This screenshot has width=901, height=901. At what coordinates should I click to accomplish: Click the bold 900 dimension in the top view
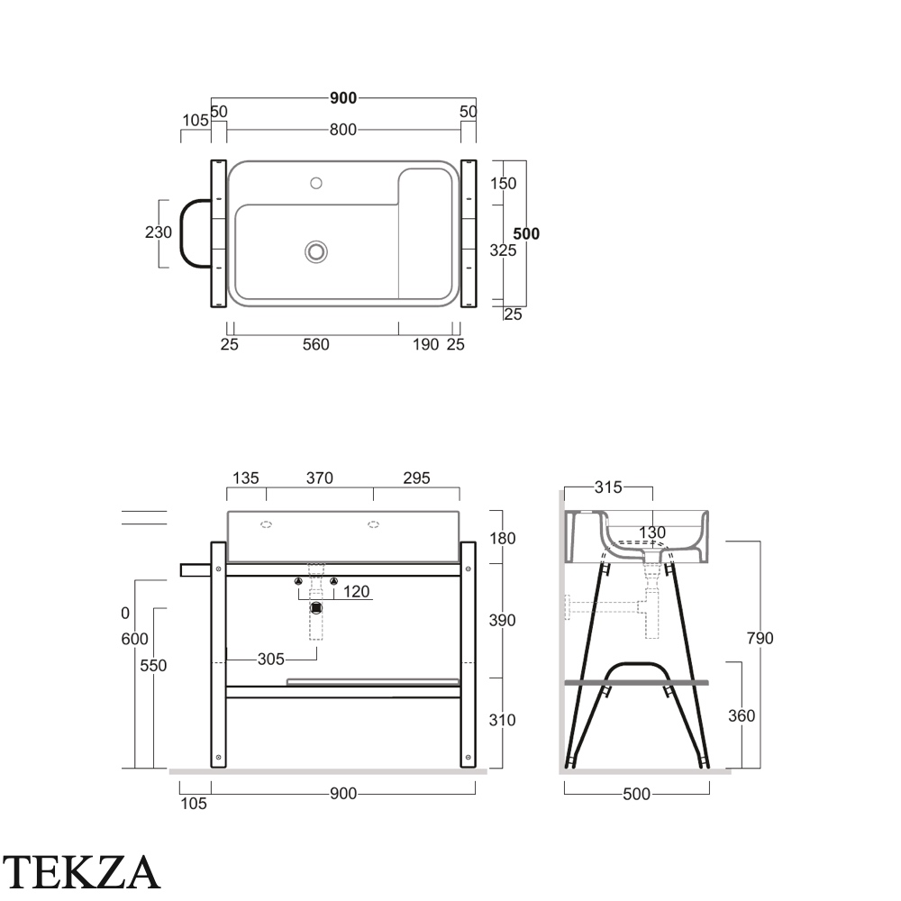pos(343,98)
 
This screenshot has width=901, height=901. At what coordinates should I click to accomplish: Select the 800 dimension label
pos(343,130)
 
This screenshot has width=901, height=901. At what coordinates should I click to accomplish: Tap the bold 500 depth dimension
pos(526,234)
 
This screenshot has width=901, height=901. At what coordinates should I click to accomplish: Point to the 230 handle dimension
pos(158,232)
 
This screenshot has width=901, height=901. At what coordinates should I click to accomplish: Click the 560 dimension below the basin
pos(316,344)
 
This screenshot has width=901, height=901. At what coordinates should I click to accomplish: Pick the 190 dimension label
pos(426,344)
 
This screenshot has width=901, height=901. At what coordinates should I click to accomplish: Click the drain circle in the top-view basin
pos(316,251)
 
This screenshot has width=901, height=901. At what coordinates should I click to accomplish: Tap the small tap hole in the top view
pos(316,183)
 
